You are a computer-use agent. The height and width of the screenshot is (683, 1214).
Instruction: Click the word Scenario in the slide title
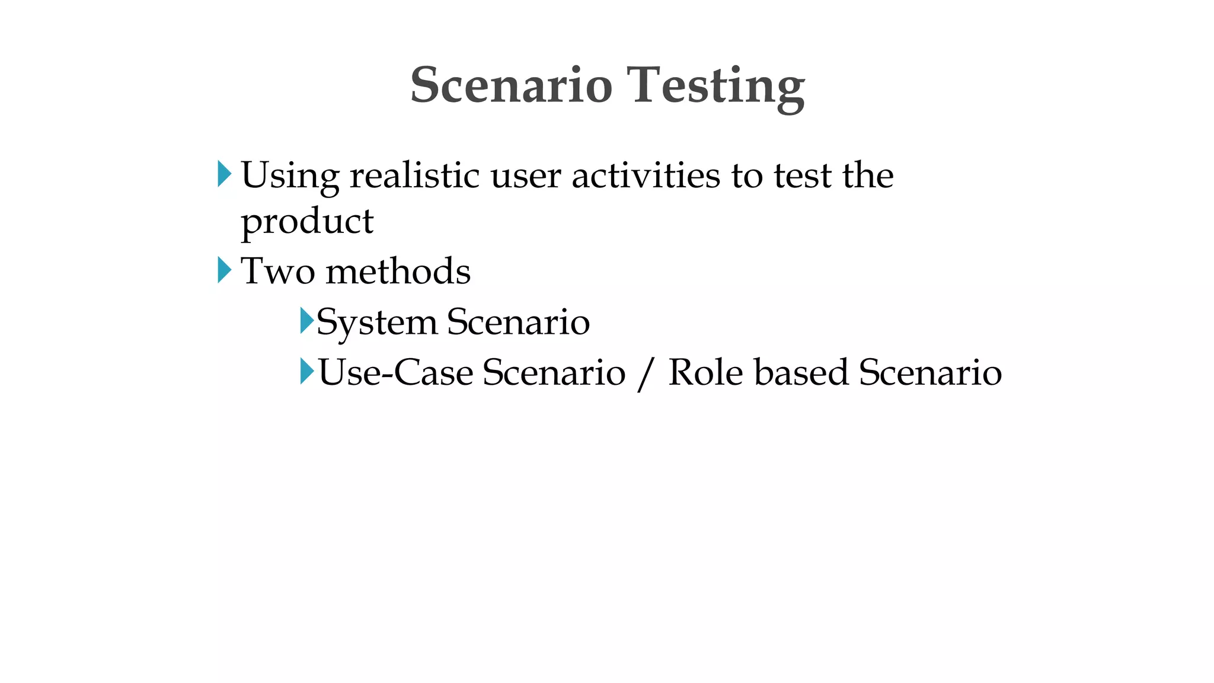pos(511,85)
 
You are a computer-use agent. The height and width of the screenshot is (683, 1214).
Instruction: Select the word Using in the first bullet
pos(290,176)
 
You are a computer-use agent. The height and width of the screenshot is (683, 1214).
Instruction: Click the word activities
pos(646,175)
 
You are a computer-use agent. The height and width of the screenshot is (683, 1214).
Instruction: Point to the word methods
pos(398,272)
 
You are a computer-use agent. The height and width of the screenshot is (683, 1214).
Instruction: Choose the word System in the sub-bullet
pos(376,323)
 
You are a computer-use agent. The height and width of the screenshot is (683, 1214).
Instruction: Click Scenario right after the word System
pos(518,322)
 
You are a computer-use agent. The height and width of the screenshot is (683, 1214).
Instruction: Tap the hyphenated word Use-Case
pos(395,373)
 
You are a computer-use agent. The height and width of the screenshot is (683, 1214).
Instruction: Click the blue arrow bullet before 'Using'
pos(224,174)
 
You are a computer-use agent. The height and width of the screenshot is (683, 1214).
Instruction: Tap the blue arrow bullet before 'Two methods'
pos(224,270)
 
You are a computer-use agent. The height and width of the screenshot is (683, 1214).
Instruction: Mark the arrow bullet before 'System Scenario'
pos(306,321)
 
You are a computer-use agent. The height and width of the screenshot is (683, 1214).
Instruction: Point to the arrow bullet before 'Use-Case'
pos(306,371)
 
